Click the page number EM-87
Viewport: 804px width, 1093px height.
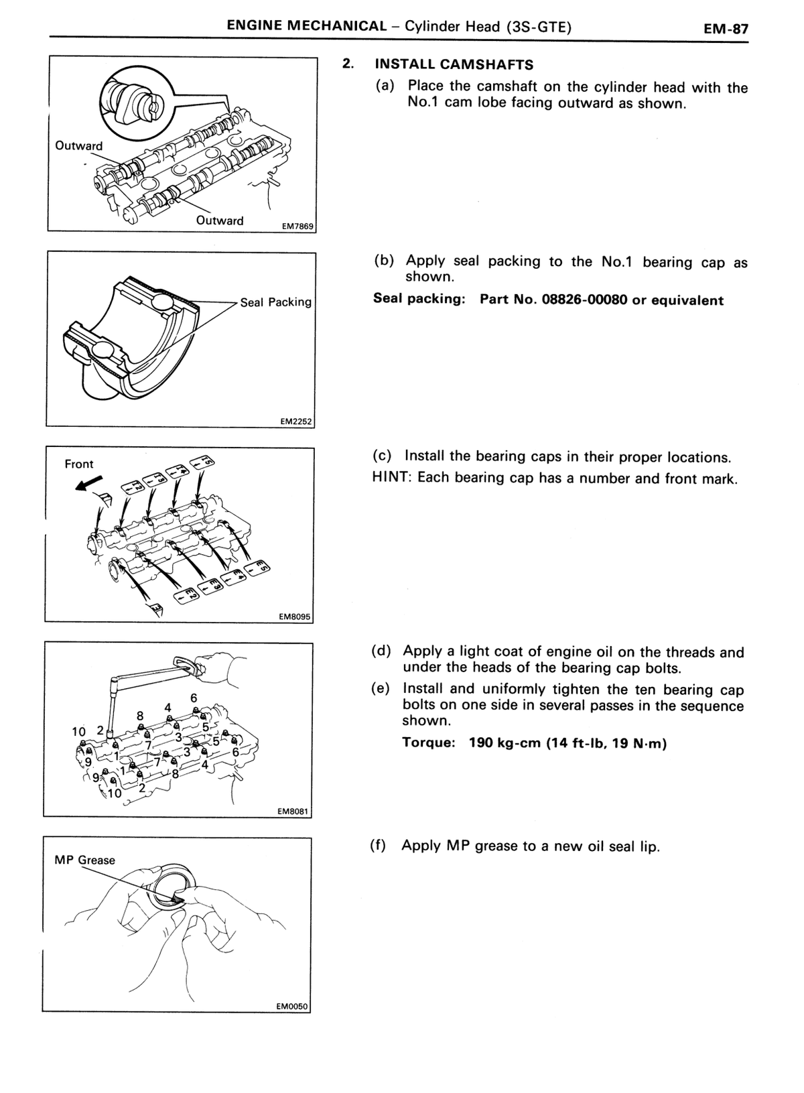pyautogui.click(x=726, y=29)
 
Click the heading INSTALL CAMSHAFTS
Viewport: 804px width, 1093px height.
pyautogui.click(x=454, y=64)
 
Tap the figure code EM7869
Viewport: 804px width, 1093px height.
pyautogui.click(x=297, y=227)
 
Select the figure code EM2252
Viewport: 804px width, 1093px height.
pyautogui.click(x=296, y=422)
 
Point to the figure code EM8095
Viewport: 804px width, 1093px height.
pyautogui.click(x=295, y=617)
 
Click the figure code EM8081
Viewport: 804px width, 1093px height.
pyautogui.click(x=293, y=812)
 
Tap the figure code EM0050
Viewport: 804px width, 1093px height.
pyautogui.click(x=292, y=1007)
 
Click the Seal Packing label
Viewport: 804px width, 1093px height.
pyautogui.click(x=275, y=302)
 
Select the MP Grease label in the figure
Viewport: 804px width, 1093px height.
pyautogui.click(x=85, y=860)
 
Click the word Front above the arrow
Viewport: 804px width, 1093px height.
pyautogui.click(x=79, y=464)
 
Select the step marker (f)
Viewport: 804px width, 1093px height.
pyautogui.click(x=378, y=846)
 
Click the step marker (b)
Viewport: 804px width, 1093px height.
pyautogui.click(x=384, y=261)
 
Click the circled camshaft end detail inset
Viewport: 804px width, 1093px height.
pyautogui.click(x=137, y=100)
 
